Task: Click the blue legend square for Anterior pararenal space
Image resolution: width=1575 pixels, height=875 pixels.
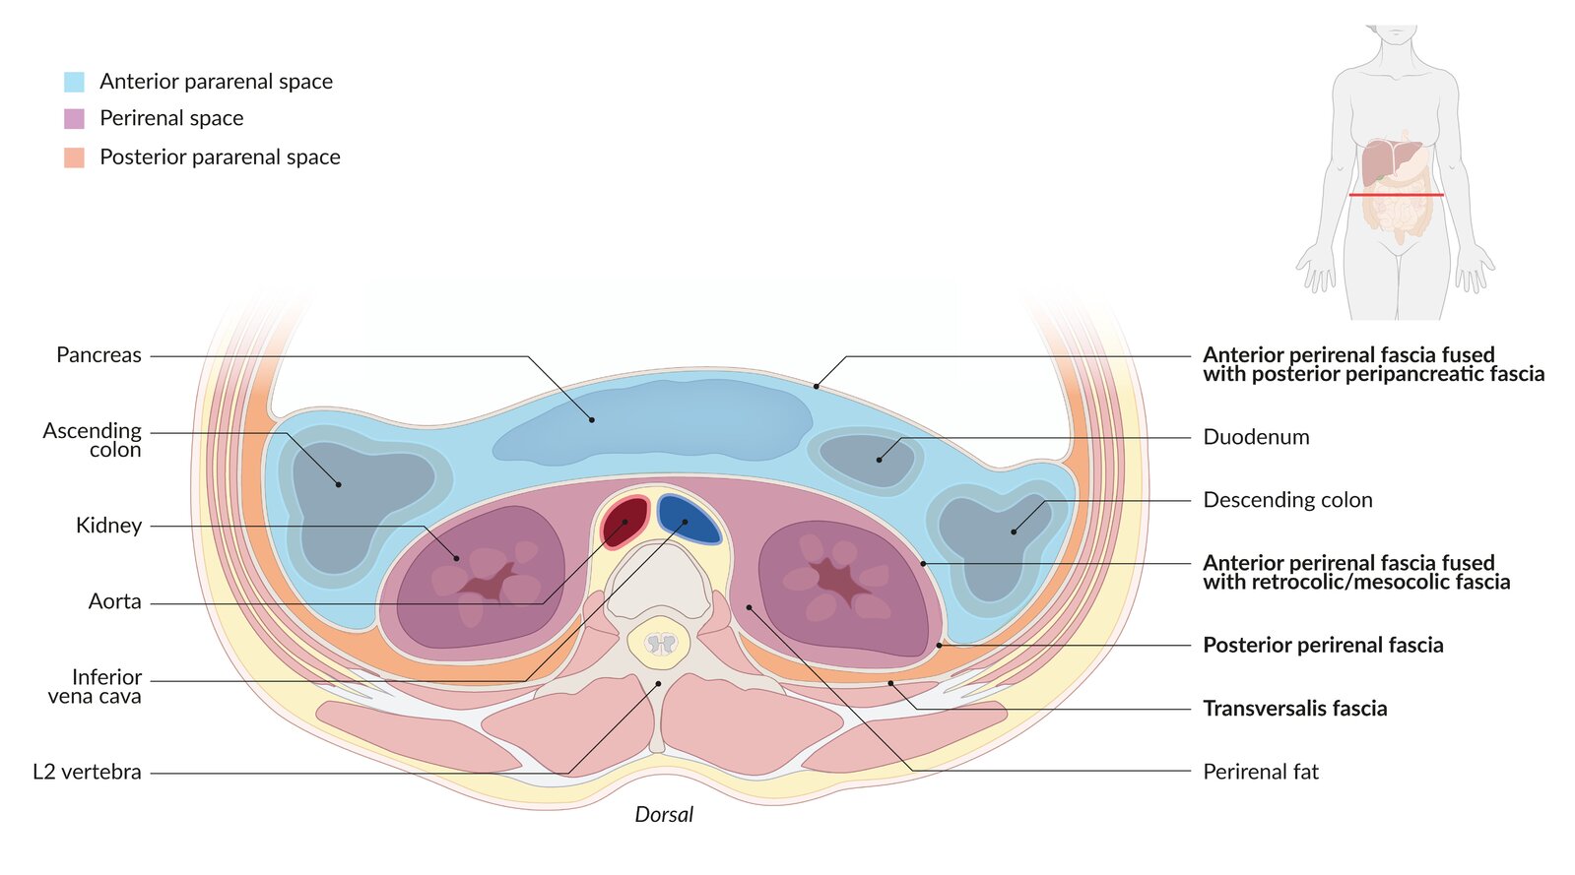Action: (74, 82)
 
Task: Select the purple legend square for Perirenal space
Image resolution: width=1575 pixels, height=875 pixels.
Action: (74, 119)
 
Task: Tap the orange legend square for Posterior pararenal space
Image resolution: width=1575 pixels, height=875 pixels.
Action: (74, 157)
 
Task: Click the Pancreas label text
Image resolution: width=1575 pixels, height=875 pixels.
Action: (98, 355)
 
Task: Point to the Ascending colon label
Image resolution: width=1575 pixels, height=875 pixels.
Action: (93, 440)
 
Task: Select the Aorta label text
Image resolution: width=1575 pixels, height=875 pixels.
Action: (115, 601)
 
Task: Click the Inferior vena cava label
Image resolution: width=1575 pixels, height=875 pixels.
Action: (96, 687)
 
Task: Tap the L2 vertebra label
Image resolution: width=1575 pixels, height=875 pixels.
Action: (87, 772)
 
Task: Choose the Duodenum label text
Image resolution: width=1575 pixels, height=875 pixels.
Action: (1256, 437)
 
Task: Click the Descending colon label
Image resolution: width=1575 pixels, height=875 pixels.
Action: (1287, 500)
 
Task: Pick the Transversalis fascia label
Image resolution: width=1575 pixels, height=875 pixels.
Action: (1294, 709)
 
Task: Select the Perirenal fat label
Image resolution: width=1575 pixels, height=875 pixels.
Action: (1260, 772)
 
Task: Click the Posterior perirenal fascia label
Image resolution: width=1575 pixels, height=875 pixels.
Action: (1323, 646)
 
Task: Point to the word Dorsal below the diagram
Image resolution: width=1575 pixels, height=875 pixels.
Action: (664, 815)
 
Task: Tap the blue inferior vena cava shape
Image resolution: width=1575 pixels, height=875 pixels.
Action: (689, 519)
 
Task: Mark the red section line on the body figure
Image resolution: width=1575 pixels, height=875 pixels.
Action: (1396, 195)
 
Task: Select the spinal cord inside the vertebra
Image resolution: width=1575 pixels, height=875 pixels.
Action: (661, 645)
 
